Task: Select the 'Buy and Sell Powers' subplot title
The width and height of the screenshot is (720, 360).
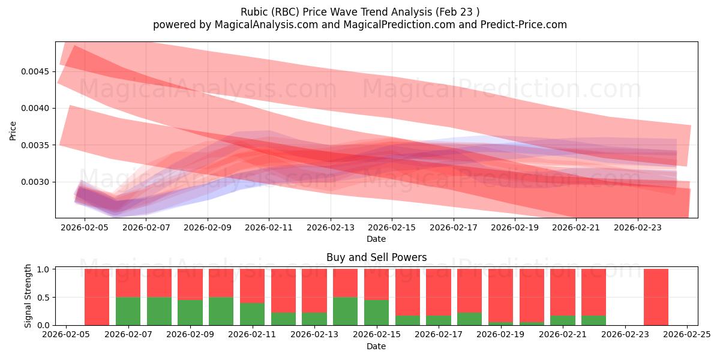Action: (376, 257)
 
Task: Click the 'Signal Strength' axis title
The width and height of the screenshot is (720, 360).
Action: (28, 296)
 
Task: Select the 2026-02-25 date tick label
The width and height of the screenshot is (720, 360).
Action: (687, 334)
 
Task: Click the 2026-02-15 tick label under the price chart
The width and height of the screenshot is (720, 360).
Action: (392, 227)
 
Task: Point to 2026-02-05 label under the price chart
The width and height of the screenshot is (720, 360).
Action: (85, 227)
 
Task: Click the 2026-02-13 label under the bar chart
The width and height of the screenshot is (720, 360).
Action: (314, 334)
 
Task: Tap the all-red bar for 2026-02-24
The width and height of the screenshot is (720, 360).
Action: (656, 297)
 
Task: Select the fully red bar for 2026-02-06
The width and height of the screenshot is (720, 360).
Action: (97, 297)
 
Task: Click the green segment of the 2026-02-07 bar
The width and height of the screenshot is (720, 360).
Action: (128, 311)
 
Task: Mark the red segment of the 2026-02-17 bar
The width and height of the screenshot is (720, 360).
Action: (438, 292)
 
